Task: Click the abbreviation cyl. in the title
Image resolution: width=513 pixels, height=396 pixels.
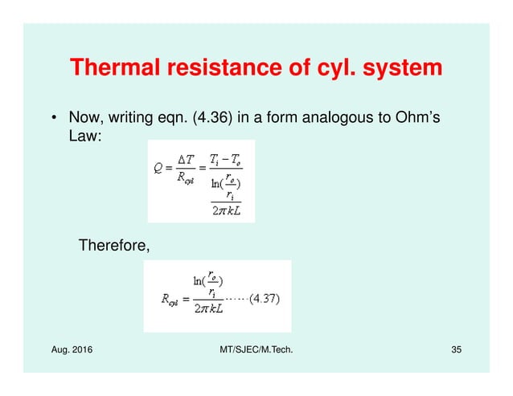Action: pyautogui.click(x=316, y=67)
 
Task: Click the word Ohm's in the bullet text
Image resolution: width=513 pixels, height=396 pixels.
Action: pyautogui.click(x=413, y=120)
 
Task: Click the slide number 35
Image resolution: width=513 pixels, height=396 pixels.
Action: pyautogui.click(x=455, y=350)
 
